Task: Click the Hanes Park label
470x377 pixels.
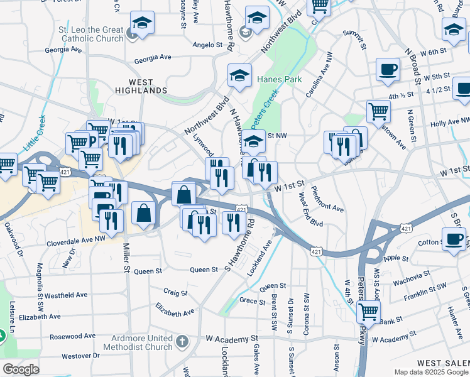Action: point(279,80)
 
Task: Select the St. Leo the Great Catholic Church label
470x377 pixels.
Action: point(92,34)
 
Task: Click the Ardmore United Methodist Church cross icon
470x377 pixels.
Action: point(182,342)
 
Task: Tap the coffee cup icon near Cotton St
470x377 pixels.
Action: point(454,240)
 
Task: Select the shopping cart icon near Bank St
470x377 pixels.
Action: point(368,312)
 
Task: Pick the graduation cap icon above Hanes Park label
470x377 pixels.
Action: point(239,75)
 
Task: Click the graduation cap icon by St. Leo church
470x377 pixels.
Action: point(142,23)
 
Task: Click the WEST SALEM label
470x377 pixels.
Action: point(442,363)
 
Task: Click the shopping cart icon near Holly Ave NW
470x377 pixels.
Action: point(378,112)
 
